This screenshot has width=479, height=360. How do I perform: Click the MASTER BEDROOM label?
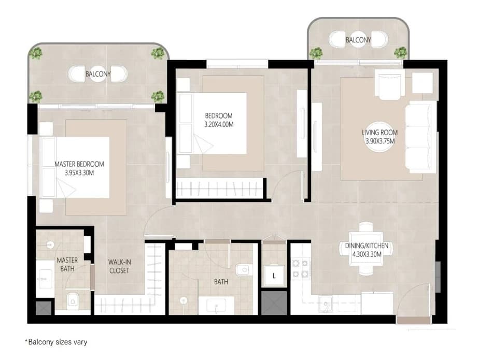[79, 164]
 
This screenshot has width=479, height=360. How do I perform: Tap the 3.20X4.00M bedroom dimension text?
[219, 125]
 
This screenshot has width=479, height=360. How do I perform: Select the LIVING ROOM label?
[379, 133]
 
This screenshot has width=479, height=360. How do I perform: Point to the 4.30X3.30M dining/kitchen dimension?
[367, 254]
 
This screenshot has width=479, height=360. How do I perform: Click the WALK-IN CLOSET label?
[119, 266]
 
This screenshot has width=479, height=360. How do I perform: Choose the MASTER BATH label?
[67, 264]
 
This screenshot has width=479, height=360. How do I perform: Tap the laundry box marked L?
[274, 276]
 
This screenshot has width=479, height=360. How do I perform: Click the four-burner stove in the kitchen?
[300, 269]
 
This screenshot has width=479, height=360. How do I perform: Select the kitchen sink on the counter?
[326, 304]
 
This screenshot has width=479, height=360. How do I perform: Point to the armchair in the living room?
[389, 84]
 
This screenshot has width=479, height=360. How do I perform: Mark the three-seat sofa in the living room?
[421, 137]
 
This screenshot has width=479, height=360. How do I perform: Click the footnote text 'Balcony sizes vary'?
[58, 342]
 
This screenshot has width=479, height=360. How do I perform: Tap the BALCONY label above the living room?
[358, 40]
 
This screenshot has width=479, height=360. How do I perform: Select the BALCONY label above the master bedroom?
[98, 74]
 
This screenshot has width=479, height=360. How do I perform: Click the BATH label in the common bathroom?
[221, 282]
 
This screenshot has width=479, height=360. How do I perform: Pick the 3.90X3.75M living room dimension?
[380, 141]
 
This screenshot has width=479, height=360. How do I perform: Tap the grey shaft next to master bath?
[44, 308]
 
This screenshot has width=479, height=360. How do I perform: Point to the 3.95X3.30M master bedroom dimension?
[79, 173]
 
